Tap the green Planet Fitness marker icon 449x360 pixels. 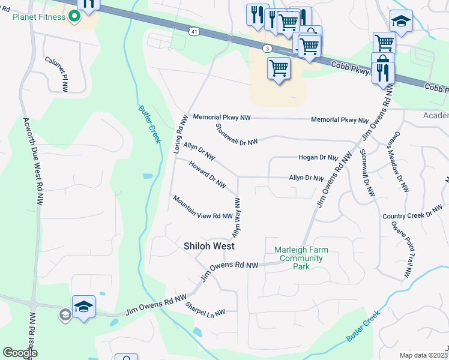(x=75, y=17)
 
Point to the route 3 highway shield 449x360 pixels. (x=267, y=48)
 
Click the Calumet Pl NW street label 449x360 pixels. (x=56, y=74)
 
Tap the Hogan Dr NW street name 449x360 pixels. (x=318, y=158)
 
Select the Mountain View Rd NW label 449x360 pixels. (x=202, y=208)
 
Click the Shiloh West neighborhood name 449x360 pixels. (x=208, y=246)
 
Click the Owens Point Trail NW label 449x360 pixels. (x=400, y=250)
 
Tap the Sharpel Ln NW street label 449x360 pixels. (x=205, y=310)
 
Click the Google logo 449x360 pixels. (x=20, y=353)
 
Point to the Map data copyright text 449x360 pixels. (x=423, y=355)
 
